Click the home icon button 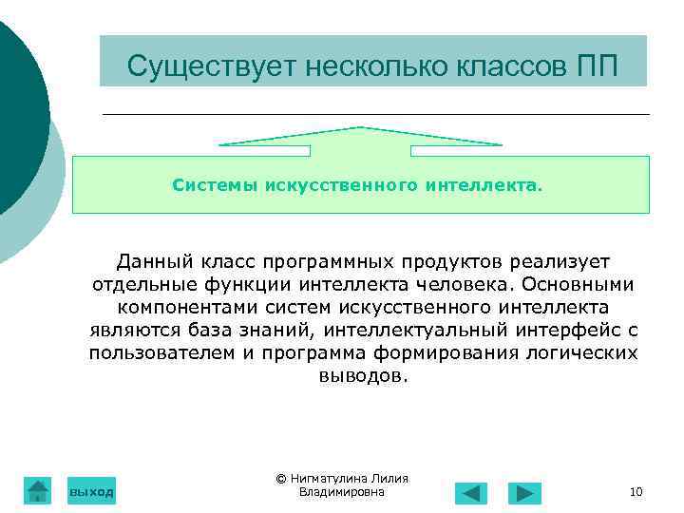[37, 489]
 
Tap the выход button [91, 491]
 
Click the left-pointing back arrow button [471, 493]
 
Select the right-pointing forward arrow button [524, 493]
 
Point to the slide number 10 [636, 492]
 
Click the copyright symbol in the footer [280, 479]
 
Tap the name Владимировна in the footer [341, 492]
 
